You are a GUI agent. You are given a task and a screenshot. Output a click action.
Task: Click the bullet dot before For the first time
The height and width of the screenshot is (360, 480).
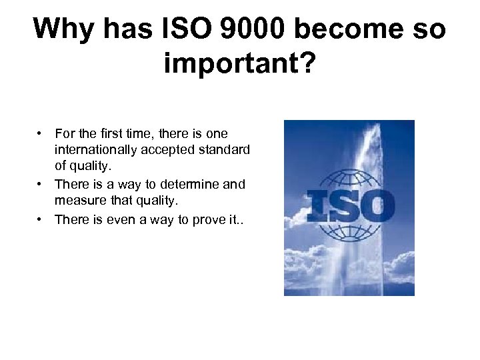click(x=41, y=134)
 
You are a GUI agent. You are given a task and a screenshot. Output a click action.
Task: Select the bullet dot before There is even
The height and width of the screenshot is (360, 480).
click(x=41, y=220)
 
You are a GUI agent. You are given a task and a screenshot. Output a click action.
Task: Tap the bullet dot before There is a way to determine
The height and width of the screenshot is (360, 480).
click(x=41, y=185)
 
